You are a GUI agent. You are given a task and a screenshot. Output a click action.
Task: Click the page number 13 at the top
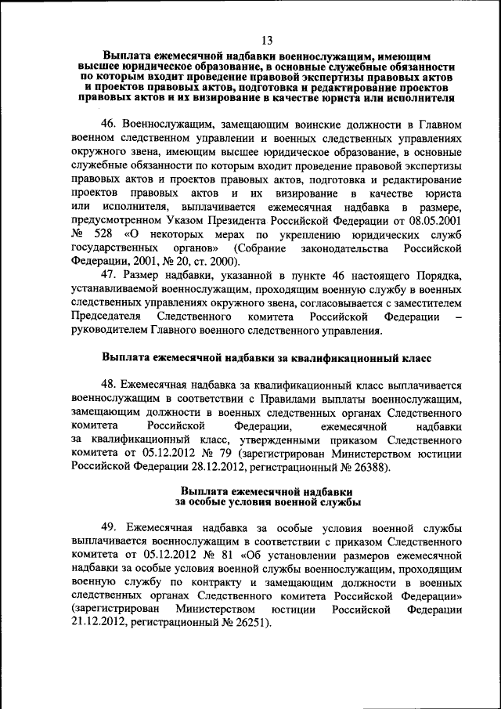tap(267, 41)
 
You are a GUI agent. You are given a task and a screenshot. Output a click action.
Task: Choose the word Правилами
tap(272, 399)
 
